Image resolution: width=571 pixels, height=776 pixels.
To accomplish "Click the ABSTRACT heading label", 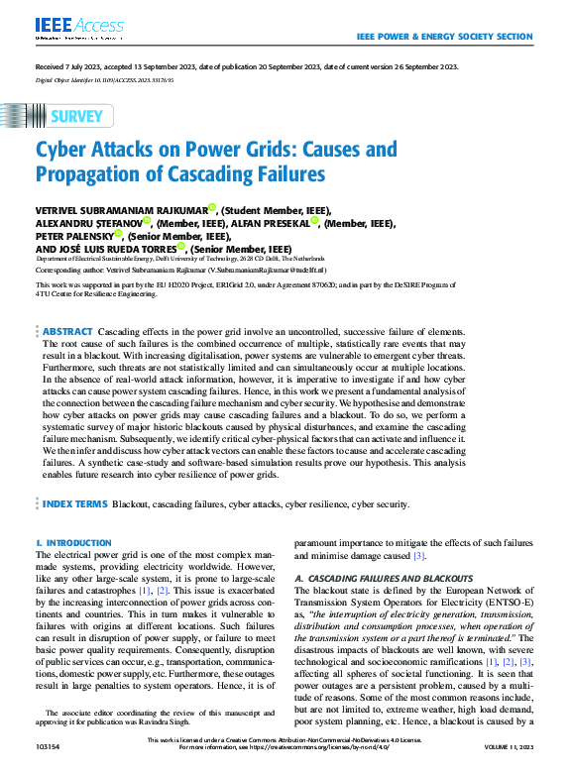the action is (x=67, y=330).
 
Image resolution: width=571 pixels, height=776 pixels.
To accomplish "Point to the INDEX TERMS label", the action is (x=74, y=504).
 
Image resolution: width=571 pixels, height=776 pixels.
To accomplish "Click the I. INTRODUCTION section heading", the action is (x=67, y=544).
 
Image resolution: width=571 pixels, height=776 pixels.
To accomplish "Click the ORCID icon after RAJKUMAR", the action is (x=211, y=208).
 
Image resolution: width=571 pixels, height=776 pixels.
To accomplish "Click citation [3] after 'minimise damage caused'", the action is (x=419, y=556).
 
